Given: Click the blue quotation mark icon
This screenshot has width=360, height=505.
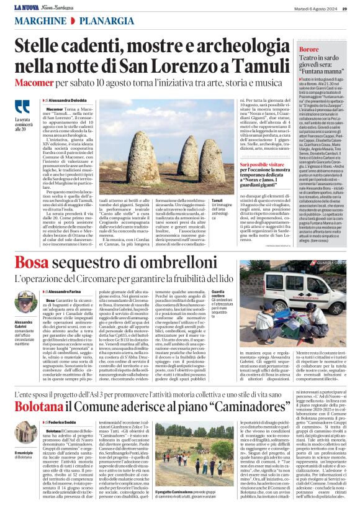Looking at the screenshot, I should click(22, 106).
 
